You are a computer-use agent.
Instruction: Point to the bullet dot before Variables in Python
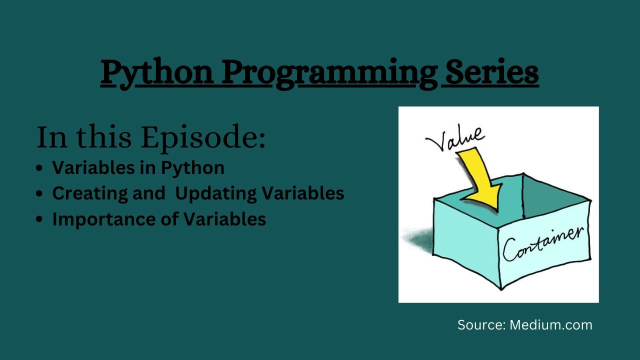point(39,168)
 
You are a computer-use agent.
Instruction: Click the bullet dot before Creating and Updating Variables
point(39,194)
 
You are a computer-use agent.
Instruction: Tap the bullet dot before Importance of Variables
point(39,220)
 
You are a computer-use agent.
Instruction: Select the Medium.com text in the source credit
point(550,325)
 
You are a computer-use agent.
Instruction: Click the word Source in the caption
point(480,325)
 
